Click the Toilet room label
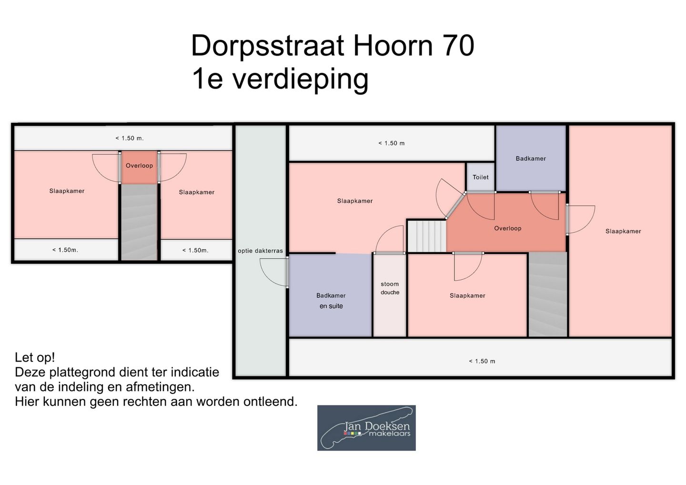pyautogui.click(x=480, y=177)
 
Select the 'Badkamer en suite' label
pyautogui.click(x=331, y=301)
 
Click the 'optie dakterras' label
pyautogui.click(x=260, y=251)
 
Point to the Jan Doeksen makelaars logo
pyautogui.click(x=366, y=428)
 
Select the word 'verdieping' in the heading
pyautogui.click(x=300, y=79)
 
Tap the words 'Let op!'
pyautogui.click(x=35, y=357)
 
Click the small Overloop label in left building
pyautogui.click(x=139, y=166)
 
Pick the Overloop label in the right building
pyautogui.click(x=507, y=228)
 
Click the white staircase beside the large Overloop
pyautogui.click(x=427, y=236)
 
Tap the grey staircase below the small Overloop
pyautogui.click(x=139, y=222)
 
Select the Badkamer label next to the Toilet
pyautogui.click(x=531, y=159)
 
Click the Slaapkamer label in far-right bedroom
pyautogui.click(x=623, y=232)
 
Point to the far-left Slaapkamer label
pyautogui.click(x=67, y=191)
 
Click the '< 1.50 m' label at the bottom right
pyautogui.click(x=482, y=361)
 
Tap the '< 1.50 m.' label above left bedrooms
pyautogui.click(x=129, y=138)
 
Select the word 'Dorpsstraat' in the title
pyautogui.click(x=267, y=46)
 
